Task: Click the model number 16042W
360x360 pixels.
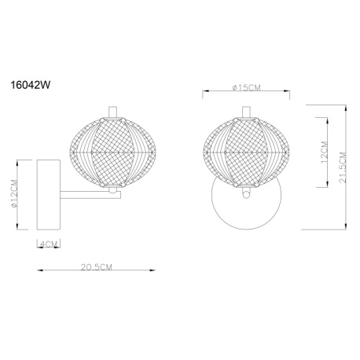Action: click(x=30, y=85)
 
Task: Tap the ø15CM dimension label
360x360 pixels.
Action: click(x=246, y=88)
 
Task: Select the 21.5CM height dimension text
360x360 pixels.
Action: click(x=343, y=167)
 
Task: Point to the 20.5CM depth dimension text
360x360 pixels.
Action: click(x=96, y=267)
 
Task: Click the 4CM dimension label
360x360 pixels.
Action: click(x=49, y=244)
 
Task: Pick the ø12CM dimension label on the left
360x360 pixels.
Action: click(x=14, y=193)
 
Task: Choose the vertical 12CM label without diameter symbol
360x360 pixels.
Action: click(x=324, y=152)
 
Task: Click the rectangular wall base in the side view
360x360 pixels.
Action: click(x=49, y=195)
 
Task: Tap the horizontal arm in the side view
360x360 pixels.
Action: click(x=90, y=195)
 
